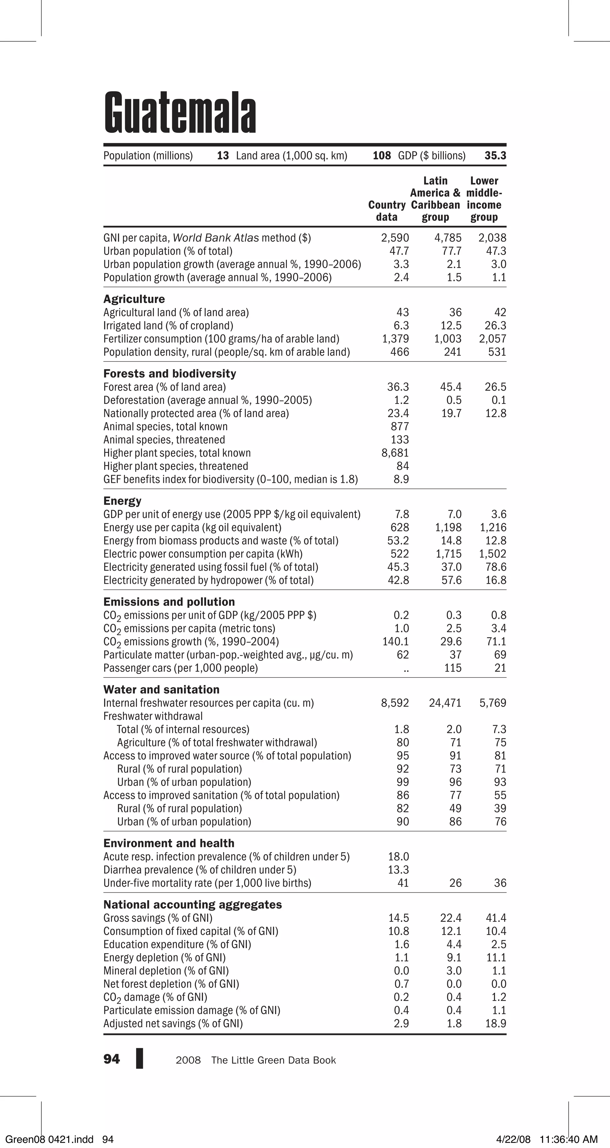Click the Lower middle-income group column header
pyautogui.click(x=484, y=199)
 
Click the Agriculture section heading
pyautogui.click(x=134, y=299)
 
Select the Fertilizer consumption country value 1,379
pyautogui.click(x=395, y=339)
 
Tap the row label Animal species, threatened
pyautogui.click(x=164, y=440)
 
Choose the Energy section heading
pyautogui.click(x=122, y=501)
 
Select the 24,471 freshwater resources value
pyautogui.click(x=445, y=703)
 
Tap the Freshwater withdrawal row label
pyautogui.click(x=153, y=716)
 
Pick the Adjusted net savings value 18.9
pyautogui.click(x=496, y=1023)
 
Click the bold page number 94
pyautogui.click(x=111, y=1059)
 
